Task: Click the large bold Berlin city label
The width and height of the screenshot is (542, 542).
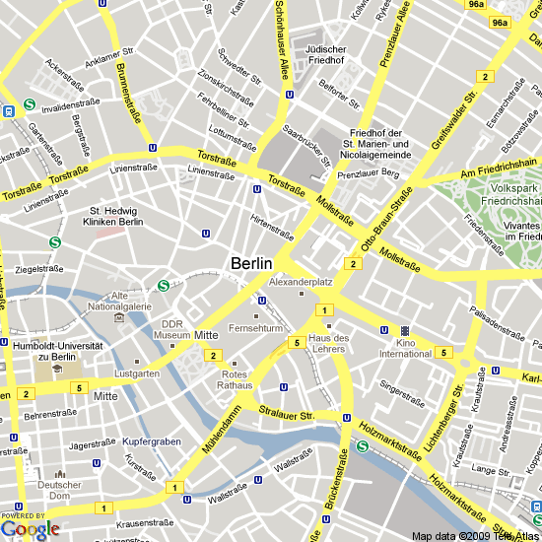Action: pyautogui.click(x=253, y=263)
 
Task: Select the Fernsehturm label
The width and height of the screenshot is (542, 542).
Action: pyautogui.click(x=255, y=327)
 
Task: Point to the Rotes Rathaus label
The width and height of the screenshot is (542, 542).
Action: pyautogui.click(x=236, y=380)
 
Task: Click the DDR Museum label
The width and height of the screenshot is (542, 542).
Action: pyautogui.click(x=173, y=329)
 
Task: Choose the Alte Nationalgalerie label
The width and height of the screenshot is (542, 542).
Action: pyautogui.click(x=119, y=302)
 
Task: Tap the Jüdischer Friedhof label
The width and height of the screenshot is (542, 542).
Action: pyautogui.click(x=326, y=53)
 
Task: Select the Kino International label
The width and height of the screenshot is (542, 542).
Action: pyautogui.click(x=405, y=347)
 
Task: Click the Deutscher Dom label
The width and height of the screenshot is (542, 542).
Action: pyautogui.click(x=58, y=490)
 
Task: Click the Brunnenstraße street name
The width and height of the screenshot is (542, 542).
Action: pyautogui.click(x=127, y=92)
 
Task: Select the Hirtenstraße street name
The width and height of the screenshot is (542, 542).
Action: pyautogui.click(x=272, y=228)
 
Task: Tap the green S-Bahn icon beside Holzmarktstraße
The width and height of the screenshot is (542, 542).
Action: pyautogui.click(x=363, y=446)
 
